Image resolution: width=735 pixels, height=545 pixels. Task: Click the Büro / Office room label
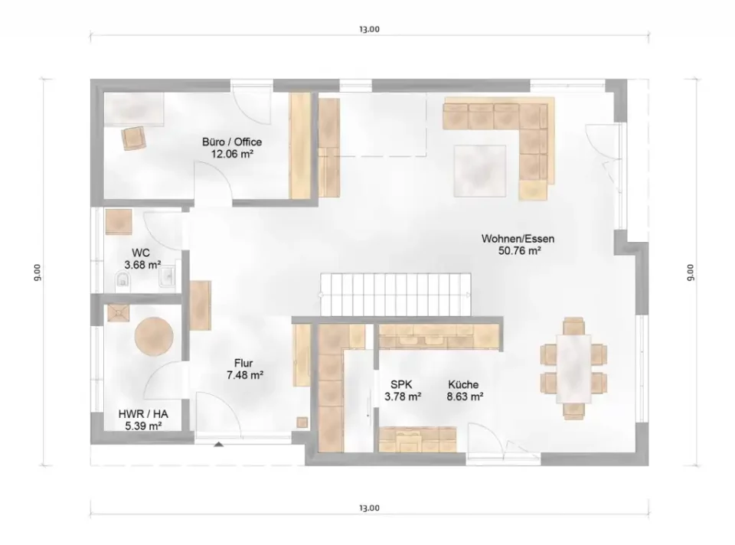[x=232, y=142]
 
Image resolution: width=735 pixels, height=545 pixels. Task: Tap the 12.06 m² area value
[x=232, y=154]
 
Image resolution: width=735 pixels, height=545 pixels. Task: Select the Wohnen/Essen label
[x=518, y=239]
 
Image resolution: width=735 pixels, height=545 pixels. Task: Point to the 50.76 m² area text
[x=520, y=251]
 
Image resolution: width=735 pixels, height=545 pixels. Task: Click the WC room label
[x=141, y=253]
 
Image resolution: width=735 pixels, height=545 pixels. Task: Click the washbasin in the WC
[x=167, y=276]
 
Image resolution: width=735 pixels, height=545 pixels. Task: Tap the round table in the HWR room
[x=154, y=337]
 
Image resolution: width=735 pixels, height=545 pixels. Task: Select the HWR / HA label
[x=143, y=414]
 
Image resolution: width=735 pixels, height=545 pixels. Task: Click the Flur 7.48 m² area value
[x=245, y=375]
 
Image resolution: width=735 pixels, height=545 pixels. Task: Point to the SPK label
[x=401, y=385]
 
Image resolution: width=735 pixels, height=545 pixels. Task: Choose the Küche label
[x=463, y=385]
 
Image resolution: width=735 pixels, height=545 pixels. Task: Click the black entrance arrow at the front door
[x=218, y=444]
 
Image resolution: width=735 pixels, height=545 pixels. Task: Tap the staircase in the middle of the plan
[x=396, y=295]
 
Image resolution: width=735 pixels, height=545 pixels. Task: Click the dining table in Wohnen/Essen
[x=573, y=368]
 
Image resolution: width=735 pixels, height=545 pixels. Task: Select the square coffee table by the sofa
[x=479, y=171]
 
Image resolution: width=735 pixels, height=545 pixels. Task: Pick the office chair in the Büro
[x=133, y=139]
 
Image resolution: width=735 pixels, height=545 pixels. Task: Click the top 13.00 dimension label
[x=369, y=29]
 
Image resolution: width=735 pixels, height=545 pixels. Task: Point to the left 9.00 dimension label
[x=37, y=272]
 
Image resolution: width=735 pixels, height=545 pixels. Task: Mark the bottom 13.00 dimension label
[x=369, y=508]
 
